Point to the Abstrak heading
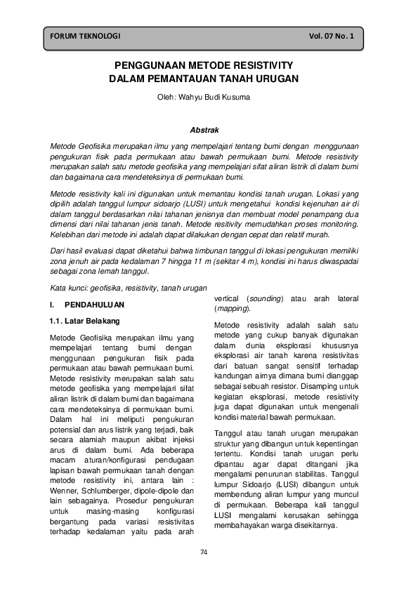tap(205, 130)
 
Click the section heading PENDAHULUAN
tap(94, 305)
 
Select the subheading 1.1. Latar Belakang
tap(84, 321)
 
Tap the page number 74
tap(204, 552)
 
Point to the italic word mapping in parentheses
tap(232, 309)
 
